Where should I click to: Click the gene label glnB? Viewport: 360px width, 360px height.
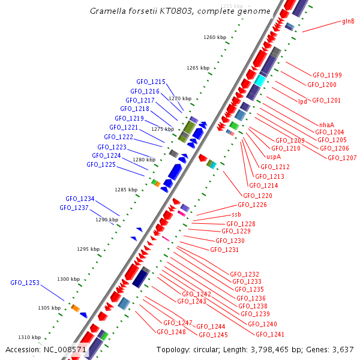point(348,21)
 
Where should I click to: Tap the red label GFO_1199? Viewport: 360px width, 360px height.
point(327,75)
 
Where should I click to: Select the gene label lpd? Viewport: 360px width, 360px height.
point(302,101)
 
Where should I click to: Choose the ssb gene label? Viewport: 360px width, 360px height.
point(236,214)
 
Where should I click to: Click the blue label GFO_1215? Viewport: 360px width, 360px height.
point(151,82)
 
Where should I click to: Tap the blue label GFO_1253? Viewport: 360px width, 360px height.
point(25,283)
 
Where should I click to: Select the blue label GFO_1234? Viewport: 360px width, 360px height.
point(80,199)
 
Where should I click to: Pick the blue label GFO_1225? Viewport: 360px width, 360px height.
point(101,164)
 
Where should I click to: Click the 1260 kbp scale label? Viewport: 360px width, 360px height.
point(215,37)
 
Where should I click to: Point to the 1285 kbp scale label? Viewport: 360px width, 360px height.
point(126,190)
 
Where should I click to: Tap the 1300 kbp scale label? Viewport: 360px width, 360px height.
point(68,279)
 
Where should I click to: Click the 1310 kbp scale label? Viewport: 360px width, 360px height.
point(29,337)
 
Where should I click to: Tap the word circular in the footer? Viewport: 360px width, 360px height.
point(207,349)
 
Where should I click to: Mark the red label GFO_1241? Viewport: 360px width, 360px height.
point(270,334)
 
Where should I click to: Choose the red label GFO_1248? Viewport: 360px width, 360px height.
point(171,332)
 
